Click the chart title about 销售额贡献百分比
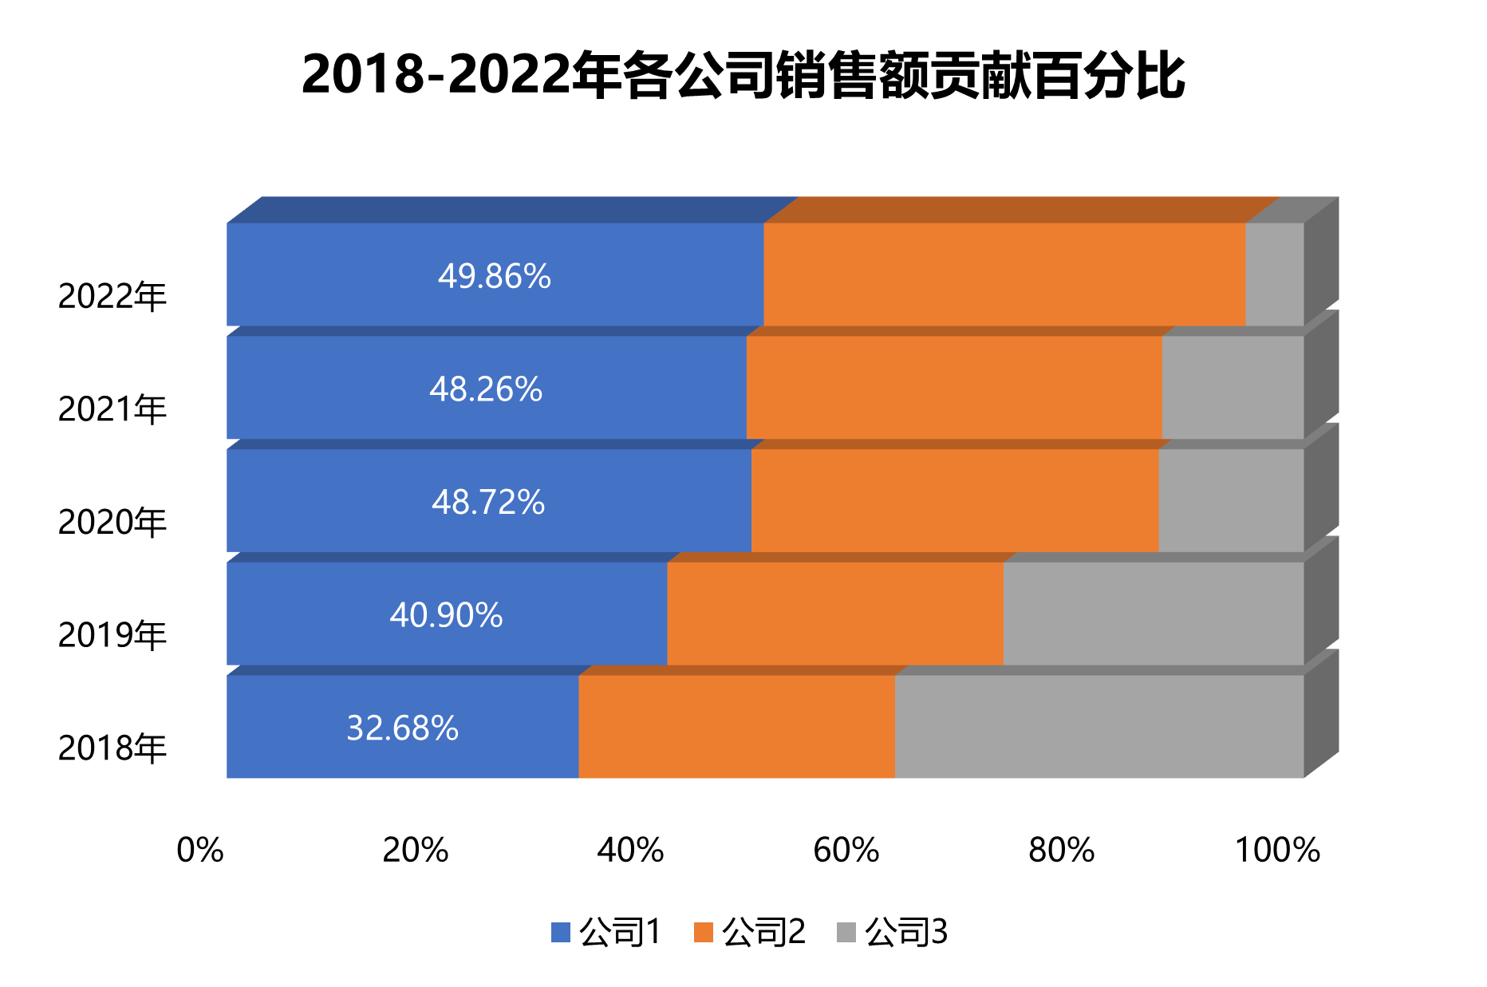(743, 76)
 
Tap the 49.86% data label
(494, 276)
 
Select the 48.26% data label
(485, 389)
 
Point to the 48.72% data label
(487, 503)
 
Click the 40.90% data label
(446, 615)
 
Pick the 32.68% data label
(402, 728)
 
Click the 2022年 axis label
(112, 296)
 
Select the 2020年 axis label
(112, 522)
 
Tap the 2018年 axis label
(112, 748)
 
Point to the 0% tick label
(199, 851)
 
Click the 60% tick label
(846, 851)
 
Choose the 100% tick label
(1276, 851)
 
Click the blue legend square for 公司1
(561, 932)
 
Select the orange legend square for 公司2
(703, 932)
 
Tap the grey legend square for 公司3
(846, 932)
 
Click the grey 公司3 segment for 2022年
(1274, 274)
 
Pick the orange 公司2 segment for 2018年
(736, 727)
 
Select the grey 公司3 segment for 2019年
(1153, 614)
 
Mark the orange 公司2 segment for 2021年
(953, 388)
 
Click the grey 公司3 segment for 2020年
(1230, 501)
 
